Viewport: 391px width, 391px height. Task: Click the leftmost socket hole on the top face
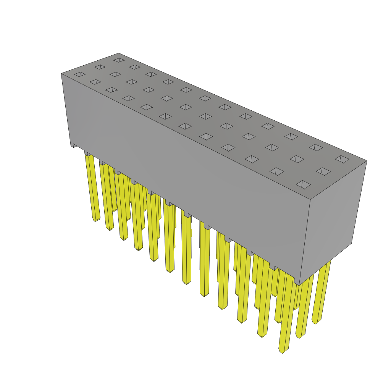click(x=80, y=74)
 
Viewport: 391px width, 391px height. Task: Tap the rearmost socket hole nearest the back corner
click(x=119, y=60)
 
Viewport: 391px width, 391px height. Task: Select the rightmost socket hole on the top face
click(x=342, y=159)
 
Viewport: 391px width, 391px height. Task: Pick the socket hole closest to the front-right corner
click(x=303, y=185)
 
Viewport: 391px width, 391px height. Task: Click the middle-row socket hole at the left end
click(x=100, y=67)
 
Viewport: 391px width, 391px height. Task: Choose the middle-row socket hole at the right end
click(x=323, y=171)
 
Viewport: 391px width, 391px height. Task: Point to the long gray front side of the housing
click(x=183, y=172)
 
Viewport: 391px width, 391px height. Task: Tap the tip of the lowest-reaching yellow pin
click(x=282, y=351)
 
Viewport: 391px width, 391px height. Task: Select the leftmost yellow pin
click(x=92, y=187)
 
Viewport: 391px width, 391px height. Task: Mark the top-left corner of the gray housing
click(x=61, y=74)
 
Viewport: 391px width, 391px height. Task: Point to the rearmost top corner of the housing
click(x=119, y=53)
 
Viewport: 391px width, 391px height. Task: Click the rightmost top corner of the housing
click(x=367, y=161)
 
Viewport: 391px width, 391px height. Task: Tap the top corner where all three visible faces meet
click(x=310, y=200)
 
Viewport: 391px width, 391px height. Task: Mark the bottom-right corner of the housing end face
click(x=351, y=243)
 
